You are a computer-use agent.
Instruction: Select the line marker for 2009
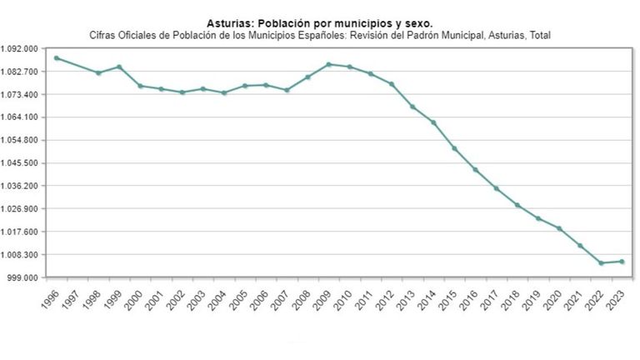click(x=329, y=64)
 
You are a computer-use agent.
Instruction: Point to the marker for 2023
click(x=622, y=262)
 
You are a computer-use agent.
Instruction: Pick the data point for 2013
click(x=412, y=107)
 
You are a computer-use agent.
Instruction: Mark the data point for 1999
click(x=119, y=67)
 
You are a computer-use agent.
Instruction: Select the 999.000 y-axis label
click(x=24, y=277)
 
